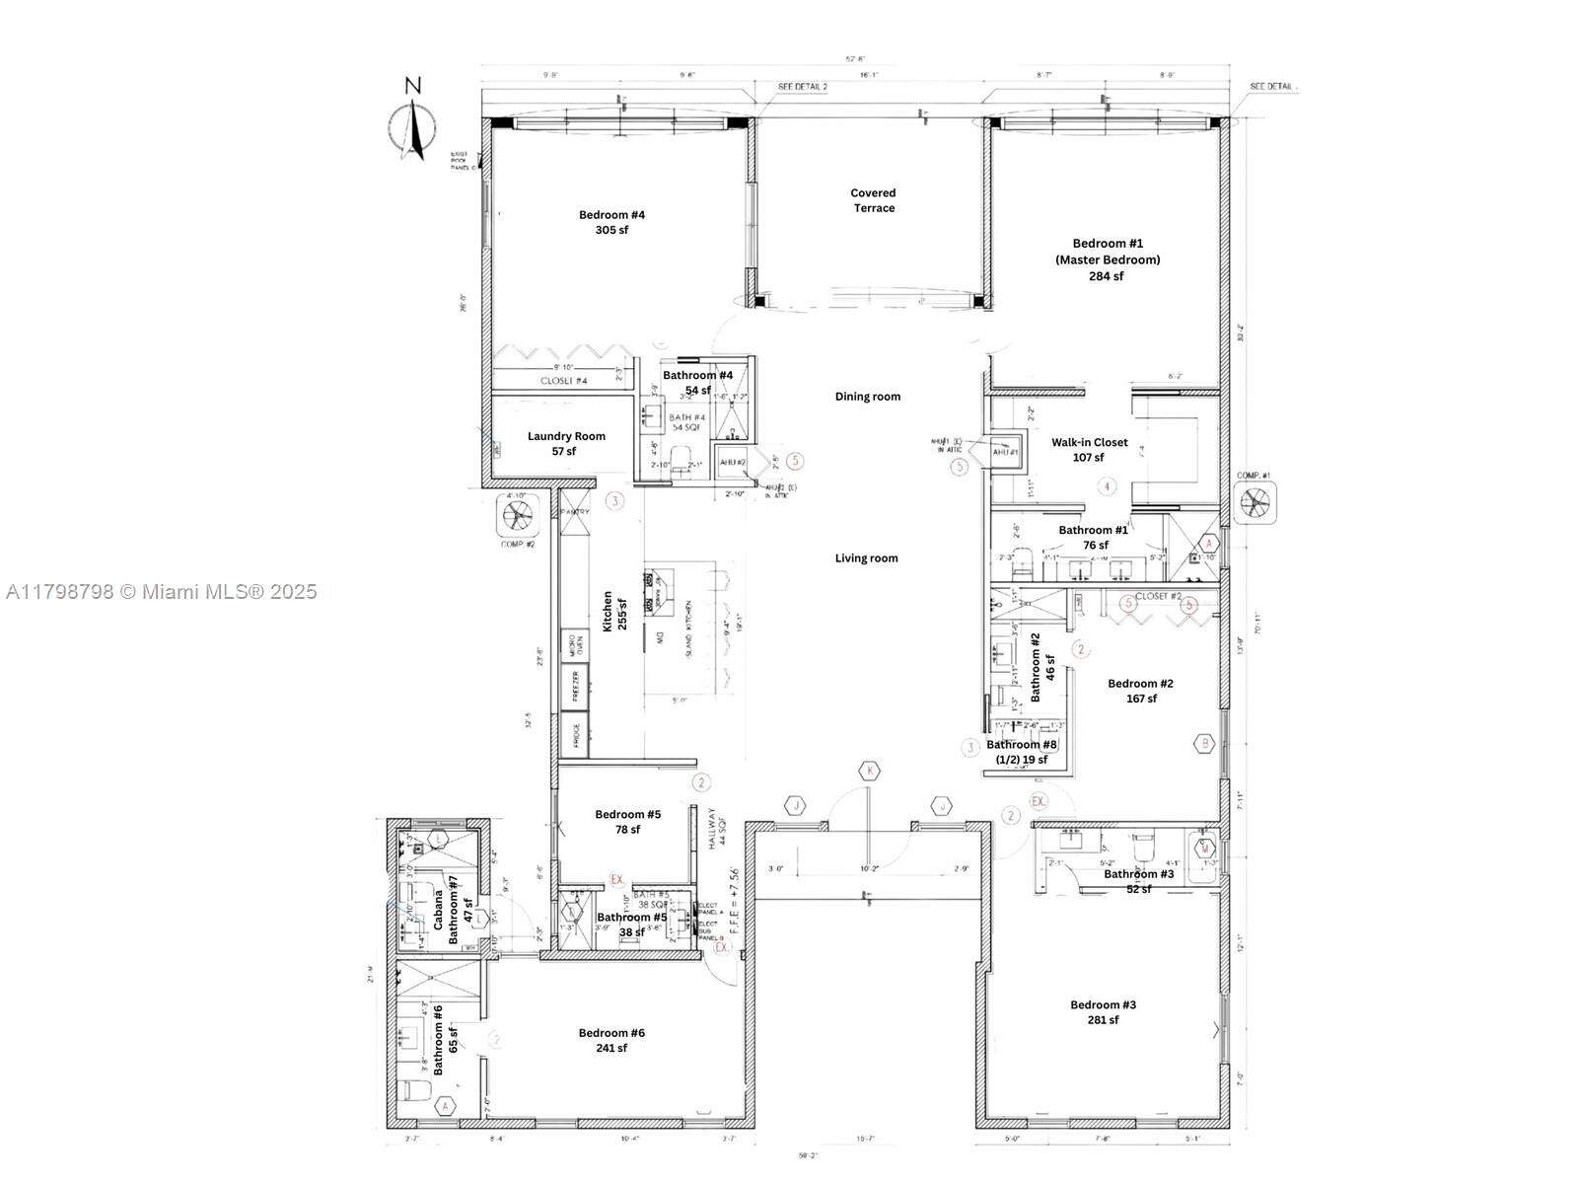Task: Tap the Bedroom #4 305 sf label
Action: point(611,222)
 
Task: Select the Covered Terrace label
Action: point(874,200)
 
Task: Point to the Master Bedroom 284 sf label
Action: point(1106,259)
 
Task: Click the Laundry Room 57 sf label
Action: point(566,443)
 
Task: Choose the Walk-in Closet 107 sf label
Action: point(1089,450)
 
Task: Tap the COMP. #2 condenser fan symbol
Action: point(518,514)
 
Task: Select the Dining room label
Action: point(868,397)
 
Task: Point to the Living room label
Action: point(866,558)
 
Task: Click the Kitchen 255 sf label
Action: point(614,612)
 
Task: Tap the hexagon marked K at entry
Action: point(869,771)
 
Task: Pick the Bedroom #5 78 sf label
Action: point(627,822)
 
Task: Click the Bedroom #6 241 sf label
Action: point(611,1040)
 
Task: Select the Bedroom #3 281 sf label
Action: point(1103,1012)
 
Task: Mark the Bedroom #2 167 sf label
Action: point(1140,691)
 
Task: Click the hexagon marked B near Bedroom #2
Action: point(1203,744)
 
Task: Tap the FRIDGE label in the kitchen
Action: point(574,737)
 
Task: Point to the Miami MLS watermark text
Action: point(161,591)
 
